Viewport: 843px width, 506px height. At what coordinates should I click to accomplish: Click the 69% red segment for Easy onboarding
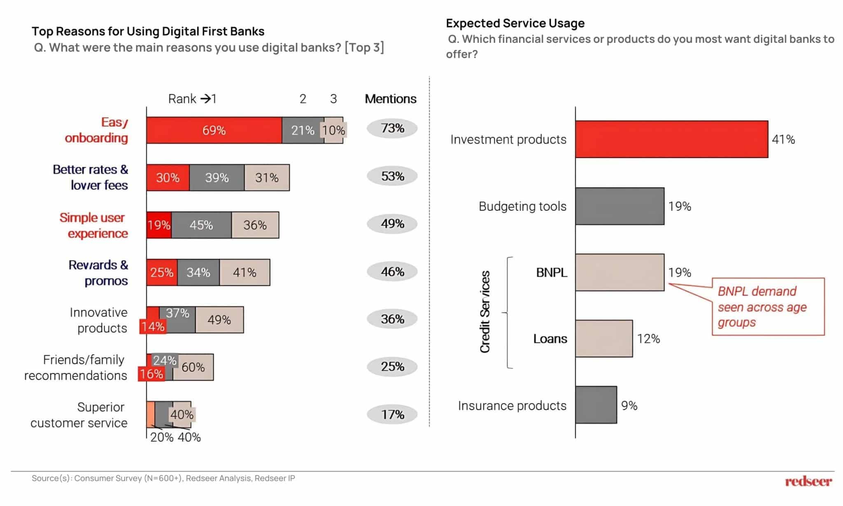[214, 130]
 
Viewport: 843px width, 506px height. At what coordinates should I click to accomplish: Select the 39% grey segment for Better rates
[217, 177]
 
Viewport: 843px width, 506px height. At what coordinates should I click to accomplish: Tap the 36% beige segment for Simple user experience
[255, 225]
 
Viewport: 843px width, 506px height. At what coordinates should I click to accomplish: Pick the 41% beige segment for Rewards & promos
[245, 272]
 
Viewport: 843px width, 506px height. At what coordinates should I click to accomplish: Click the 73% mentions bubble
[392, 128]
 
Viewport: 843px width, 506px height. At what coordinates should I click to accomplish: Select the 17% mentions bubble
[392, 414]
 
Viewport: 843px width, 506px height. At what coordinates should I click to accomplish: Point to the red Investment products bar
[671, 139]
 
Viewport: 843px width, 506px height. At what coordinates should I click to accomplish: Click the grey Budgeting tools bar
[619, 206]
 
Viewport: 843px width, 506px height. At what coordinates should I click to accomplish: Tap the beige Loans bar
[604, 338]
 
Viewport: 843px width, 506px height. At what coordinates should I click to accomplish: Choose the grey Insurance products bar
[596, 405]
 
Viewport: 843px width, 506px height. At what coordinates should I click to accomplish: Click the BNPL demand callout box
[768, 307]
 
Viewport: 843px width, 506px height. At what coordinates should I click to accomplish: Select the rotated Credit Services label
[485, 312]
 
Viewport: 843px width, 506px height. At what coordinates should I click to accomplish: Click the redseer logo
[808, 481]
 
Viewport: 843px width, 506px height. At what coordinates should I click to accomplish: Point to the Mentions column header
[390, 99]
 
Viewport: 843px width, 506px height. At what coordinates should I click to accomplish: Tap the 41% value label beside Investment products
[783, 140]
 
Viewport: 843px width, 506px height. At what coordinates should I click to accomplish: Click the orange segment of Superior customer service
[151, 414]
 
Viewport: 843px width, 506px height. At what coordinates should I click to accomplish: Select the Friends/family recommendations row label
[76, 367]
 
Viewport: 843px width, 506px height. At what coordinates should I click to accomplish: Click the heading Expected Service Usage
[515, 23]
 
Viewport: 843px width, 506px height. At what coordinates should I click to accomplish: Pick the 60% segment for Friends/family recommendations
[193, 367]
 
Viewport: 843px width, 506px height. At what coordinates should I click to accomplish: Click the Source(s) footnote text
[163, 478]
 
